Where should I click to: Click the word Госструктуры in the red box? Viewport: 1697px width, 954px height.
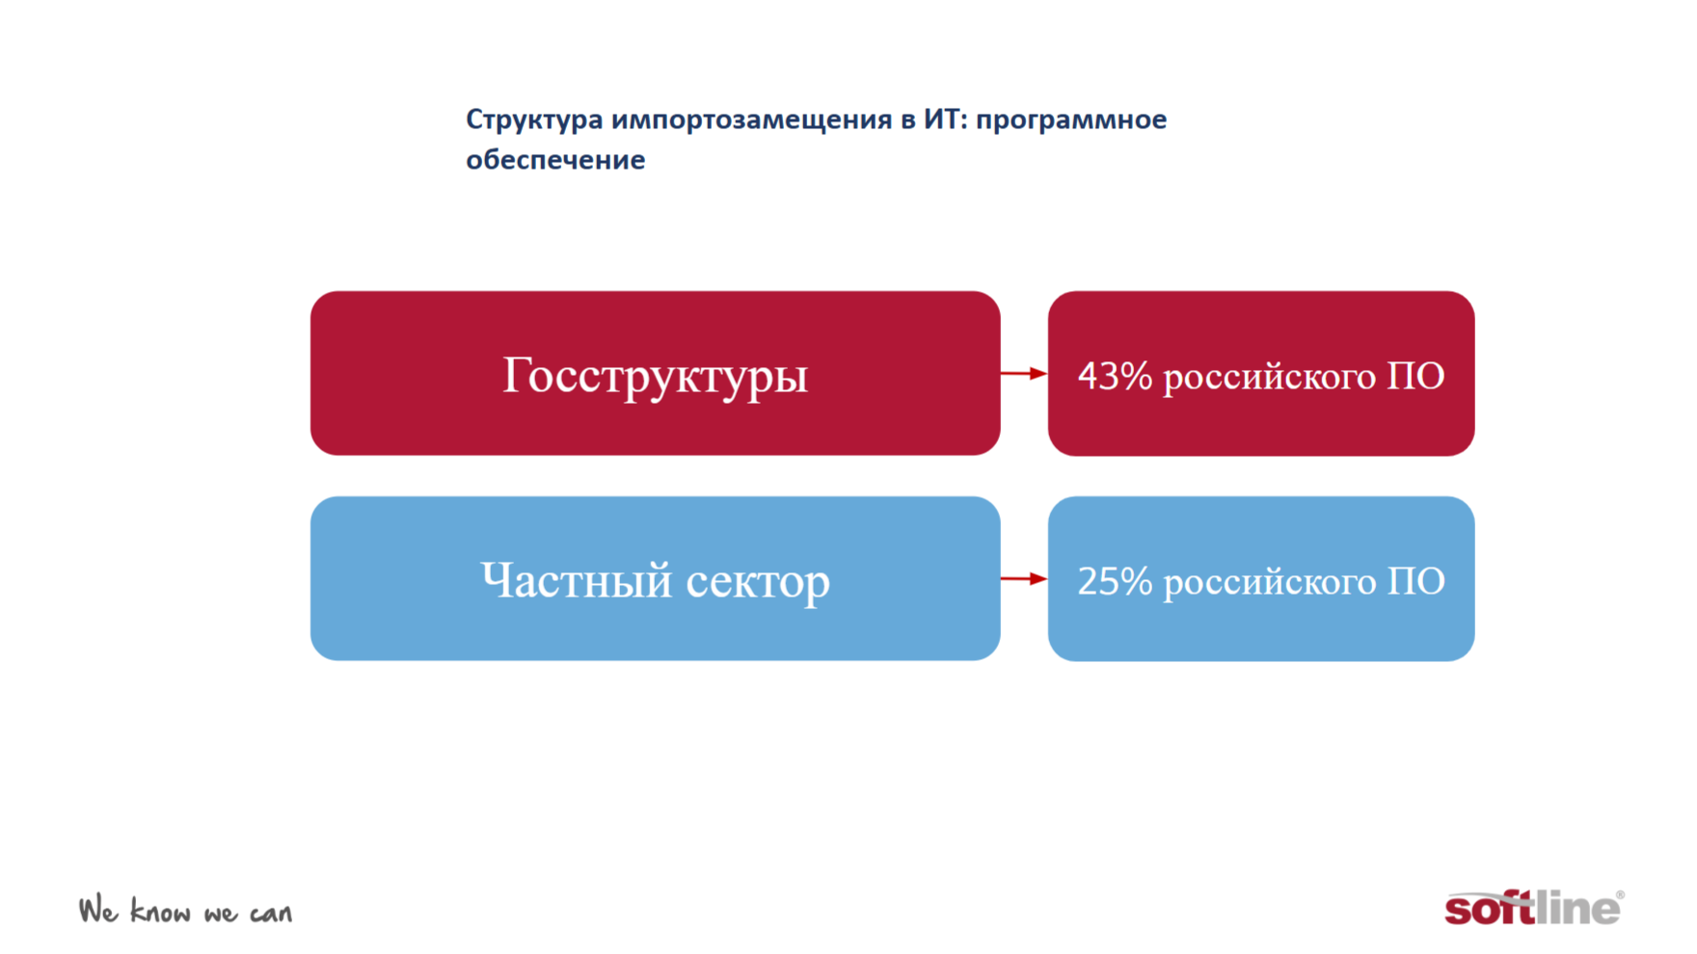[x=655, y=376]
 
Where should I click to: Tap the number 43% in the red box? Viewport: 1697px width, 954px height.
[x=1115, y=376]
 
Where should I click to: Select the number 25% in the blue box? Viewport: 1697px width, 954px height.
[x=1115, y=581]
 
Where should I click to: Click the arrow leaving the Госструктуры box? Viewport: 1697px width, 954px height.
[x=1024, y=373]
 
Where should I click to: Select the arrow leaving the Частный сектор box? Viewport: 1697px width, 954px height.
[x=1024, y=578]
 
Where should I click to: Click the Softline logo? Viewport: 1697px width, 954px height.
[x=1534, y=907]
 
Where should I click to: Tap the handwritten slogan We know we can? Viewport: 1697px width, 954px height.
[x=185, y=911]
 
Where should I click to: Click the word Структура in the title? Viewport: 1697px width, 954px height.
[x=534, y=120]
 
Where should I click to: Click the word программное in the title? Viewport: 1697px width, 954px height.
[x=1071, y=120]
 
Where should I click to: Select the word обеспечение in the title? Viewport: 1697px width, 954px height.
[x=555, y=160]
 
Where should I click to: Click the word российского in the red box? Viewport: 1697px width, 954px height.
[x=1269, y=378]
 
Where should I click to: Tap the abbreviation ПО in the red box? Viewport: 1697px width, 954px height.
[x=1415, y=376]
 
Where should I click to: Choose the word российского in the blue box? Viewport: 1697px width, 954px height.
[x=1269, y=583]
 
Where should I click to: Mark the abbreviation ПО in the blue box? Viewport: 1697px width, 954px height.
[x=1415, y=581]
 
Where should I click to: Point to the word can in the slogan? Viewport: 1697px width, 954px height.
[x=271, y=914]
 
